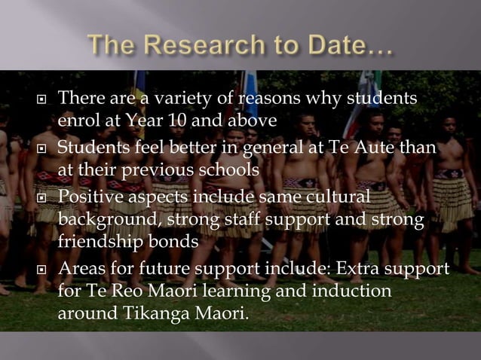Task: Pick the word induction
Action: pos(357,291)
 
